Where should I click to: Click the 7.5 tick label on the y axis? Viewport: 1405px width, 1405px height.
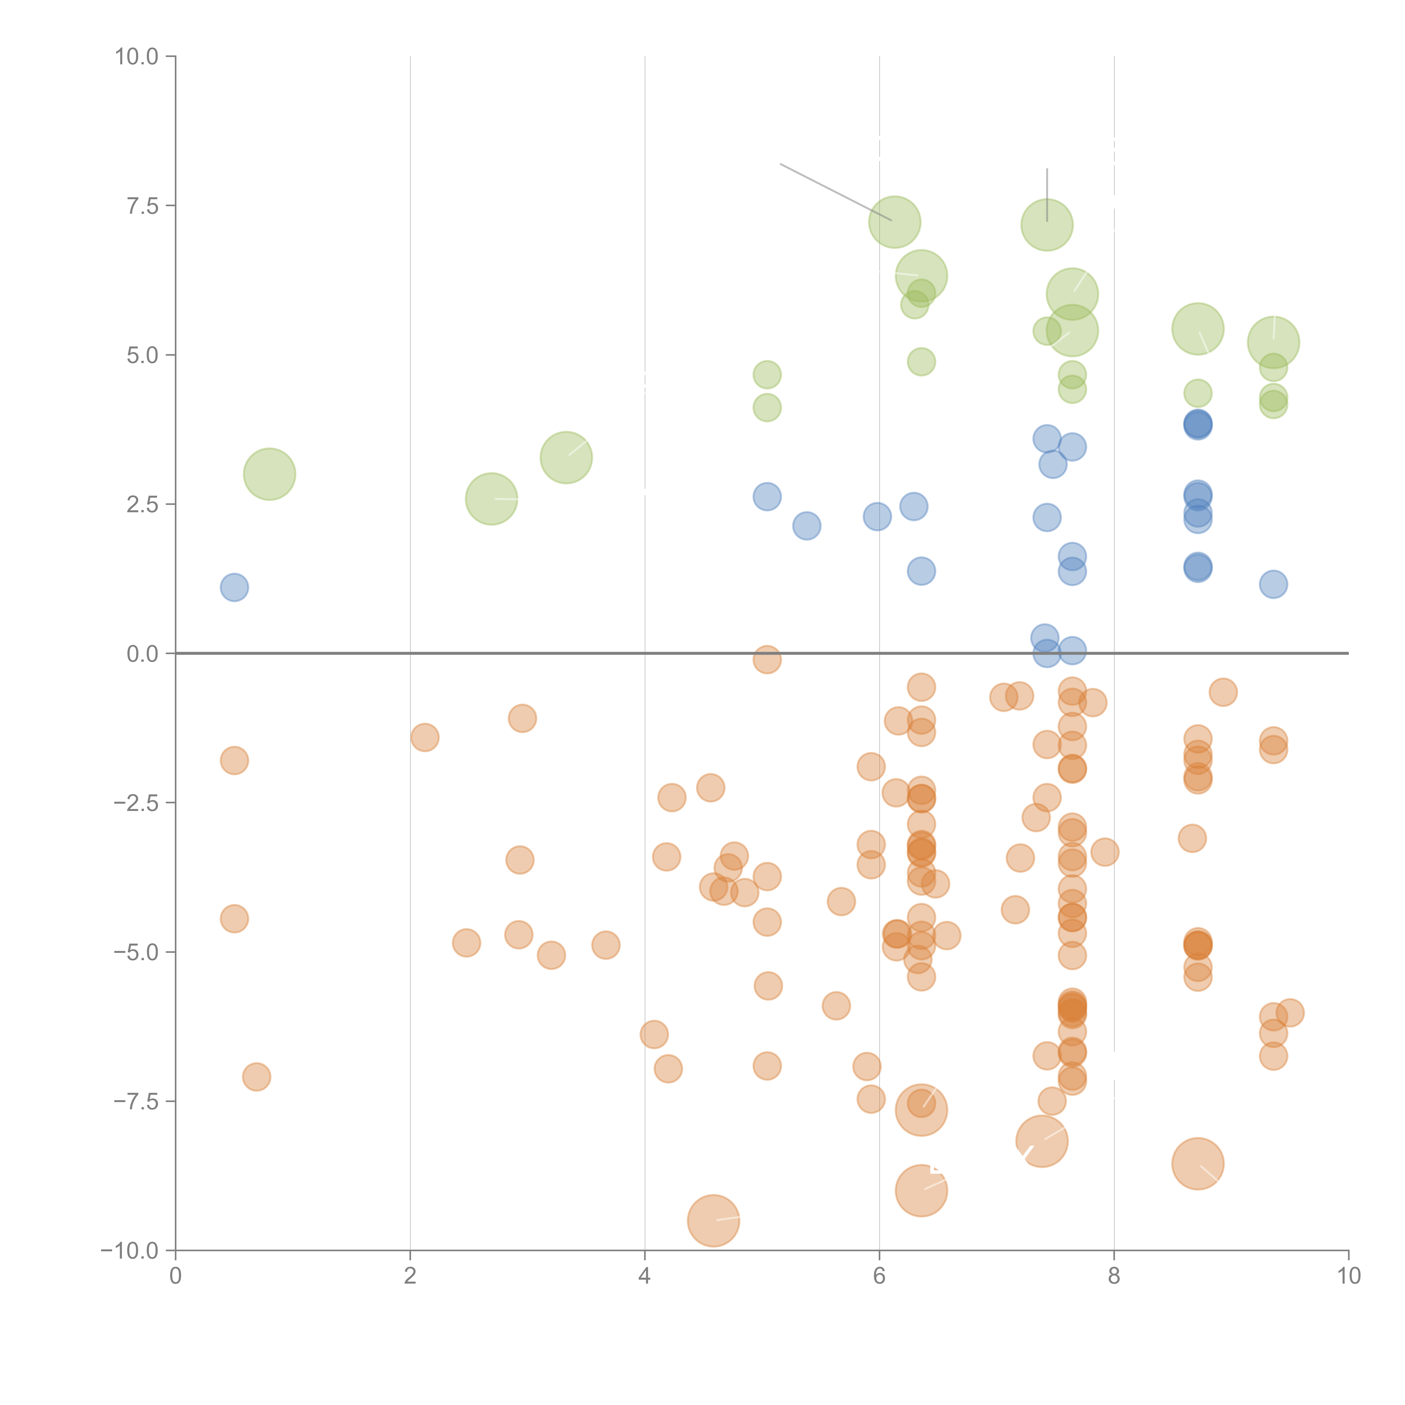click(142, 206)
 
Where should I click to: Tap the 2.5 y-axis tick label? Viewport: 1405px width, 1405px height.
click(142, 505)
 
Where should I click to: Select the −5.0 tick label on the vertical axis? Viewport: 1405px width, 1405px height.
click(135, 952)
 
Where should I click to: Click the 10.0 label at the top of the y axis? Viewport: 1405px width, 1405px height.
click(137, 57)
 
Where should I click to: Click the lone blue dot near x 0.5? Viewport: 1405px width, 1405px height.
click(234, 587)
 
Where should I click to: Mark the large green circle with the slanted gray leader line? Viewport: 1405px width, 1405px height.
click(894, 222)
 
